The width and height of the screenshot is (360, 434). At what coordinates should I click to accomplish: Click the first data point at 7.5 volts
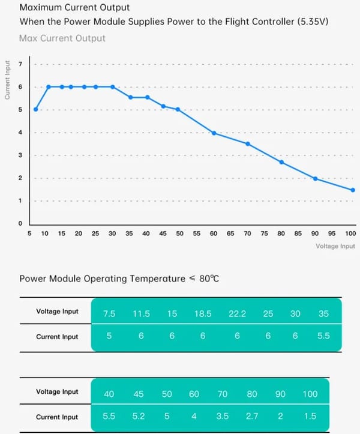pos(36,109)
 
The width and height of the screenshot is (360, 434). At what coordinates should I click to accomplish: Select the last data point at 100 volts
pos(353,190)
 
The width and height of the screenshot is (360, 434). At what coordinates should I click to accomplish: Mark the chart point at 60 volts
pos(214,133)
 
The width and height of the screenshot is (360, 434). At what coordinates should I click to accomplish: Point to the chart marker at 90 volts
pos(315,178)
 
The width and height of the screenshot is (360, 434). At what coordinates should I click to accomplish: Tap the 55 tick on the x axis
pos(197,233)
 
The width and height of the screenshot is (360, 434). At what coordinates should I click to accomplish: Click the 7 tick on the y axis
pos(20,64)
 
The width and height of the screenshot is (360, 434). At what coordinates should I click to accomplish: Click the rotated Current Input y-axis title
pos(8,80)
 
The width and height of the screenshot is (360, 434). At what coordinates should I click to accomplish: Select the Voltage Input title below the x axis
pos(335,246)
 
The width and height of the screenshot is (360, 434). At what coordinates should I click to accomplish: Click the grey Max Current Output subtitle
pos(62,38)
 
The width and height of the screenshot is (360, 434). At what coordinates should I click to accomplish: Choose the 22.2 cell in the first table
pos(238,313)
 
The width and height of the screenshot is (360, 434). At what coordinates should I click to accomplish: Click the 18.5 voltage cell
pos(203,313)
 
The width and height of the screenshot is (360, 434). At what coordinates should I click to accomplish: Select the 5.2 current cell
pos(138,415)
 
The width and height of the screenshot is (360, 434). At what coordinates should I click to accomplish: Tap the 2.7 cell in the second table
pos(252,415)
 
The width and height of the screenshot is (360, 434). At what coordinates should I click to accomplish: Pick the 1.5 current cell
pos(310,415)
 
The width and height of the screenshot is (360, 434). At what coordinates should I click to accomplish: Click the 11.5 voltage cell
pos(141,313)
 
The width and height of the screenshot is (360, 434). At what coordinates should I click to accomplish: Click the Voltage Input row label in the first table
pos(57,311)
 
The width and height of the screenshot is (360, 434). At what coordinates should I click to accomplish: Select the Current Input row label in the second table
pos(57,417)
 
